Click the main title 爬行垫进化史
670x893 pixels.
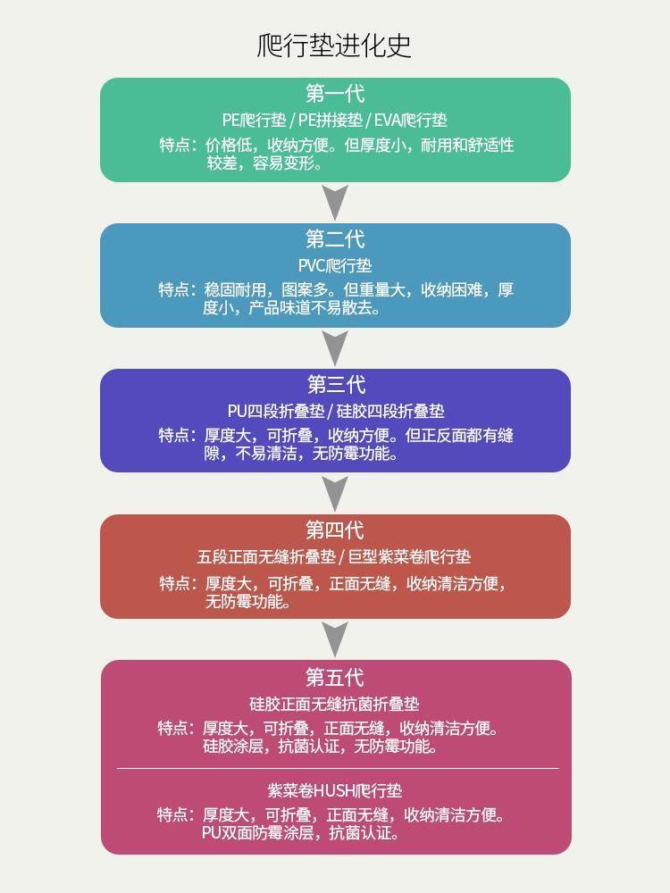tap(334, 46)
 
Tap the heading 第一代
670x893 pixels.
tap(335, 94)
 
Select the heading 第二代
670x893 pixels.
tap(335, 239)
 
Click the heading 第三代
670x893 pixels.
tap(336, 385)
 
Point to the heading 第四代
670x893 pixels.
tap(335, 530)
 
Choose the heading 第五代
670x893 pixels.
tap(335, 678)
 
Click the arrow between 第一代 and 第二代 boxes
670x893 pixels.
tap(335, 203)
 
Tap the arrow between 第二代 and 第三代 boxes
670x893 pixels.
tap(335, 348)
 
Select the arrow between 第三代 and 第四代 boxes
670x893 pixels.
tap(335, 494)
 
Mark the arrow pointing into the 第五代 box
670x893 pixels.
tap(335, 639)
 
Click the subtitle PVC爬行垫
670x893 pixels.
tap(335, 265)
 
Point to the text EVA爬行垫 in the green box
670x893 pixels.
tap(411, 120)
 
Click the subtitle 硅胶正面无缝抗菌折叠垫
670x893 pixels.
tap(335, 704)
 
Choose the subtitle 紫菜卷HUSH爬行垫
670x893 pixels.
tap(335, 790)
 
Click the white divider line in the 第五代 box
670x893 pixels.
tap(337, 768)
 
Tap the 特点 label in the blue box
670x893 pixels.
tap(177, 289)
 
